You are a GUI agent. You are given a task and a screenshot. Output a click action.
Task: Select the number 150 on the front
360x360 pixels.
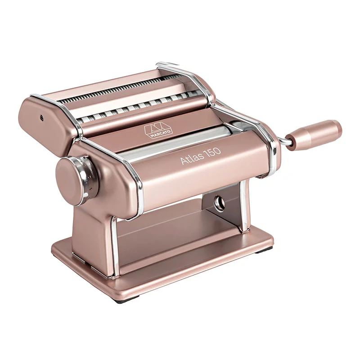(x=213, y=152)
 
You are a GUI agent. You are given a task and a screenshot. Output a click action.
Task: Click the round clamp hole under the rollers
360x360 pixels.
(x=220, y=202)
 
